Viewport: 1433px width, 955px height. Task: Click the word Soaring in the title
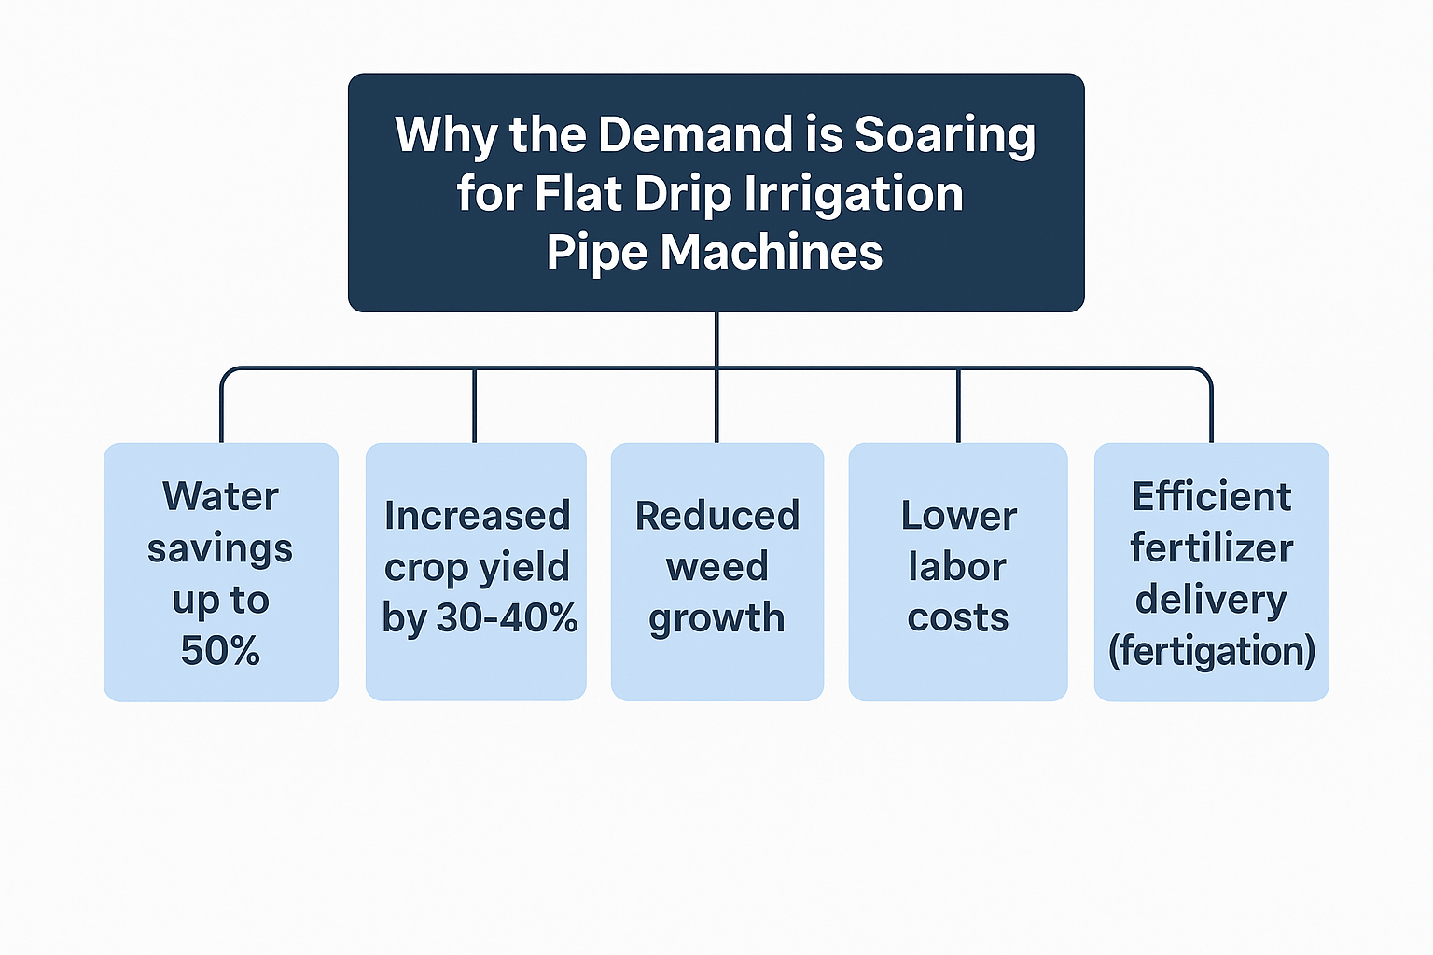(944, 136)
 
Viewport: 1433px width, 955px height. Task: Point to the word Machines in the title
(772, 252)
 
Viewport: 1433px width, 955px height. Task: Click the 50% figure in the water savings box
(220, 651)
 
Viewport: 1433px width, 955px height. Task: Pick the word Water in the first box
(220, 496)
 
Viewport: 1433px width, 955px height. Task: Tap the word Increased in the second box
(477, 516)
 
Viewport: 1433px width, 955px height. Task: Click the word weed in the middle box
(717, 567)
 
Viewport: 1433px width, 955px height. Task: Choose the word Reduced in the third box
(717, 516)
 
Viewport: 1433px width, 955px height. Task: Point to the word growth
(717, 619)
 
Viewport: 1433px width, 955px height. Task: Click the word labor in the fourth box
(958, 567)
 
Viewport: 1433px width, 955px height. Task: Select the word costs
(958, 618)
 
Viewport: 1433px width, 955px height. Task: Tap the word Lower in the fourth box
(958, 516)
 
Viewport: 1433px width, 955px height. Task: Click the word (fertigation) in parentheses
(1212, 651)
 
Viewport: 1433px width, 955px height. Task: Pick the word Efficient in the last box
(1212, 496)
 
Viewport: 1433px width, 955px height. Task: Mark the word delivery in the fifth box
(1211, 601)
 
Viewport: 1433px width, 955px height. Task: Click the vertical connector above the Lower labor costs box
(958, 405)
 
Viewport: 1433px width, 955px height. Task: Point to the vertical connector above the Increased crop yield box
(475, 405)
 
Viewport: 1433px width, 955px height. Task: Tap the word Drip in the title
(683, 195)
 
